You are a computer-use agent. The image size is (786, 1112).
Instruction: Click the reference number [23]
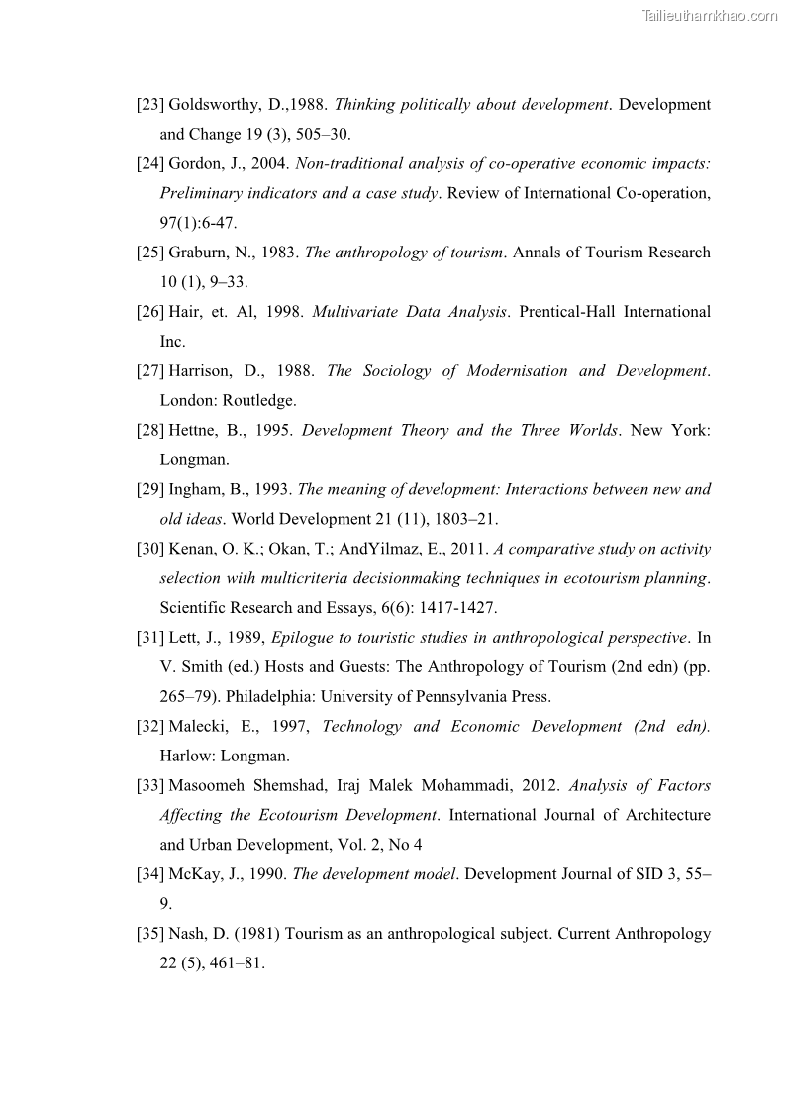150,105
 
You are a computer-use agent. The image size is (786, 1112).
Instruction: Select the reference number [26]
150,312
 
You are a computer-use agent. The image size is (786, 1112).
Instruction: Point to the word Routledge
259,401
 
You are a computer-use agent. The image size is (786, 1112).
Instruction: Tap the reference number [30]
150,550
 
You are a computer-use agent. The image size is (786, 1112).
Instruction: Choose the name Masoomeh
206,786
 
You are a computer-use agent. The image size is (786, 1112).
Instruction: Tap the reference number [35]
150,934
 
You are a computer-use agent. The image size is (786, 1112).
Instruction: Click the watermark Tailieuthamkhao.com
710,16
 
